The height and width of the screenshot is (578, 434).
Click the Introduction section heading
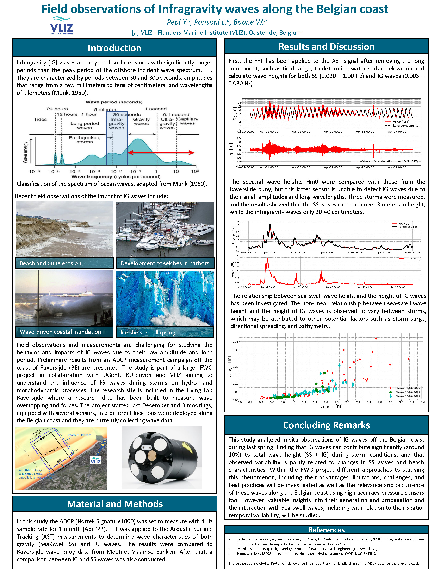[x=114, y=48]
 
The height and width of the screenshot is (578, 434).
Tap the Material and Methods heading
[x=114, y=504]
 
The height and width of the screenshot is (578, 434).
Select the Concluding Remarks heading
[x=326, y=425]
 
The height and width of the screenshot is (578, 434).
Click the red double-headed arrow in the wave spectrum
[x=161, y=153]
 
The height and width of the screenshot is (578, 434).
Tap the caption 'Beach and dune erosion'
[x=50, y=263]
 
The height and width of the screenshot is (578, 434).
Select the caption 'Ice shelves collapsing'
[x=148, y=332]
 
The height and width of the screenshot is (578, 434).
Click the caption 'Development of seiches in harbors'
[x=165, y=263]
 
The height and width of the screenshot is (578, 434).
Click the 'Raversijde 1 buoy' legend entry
[x=408, y=227]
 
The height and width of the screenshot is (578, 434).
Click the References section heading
[x=326, y=530]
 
